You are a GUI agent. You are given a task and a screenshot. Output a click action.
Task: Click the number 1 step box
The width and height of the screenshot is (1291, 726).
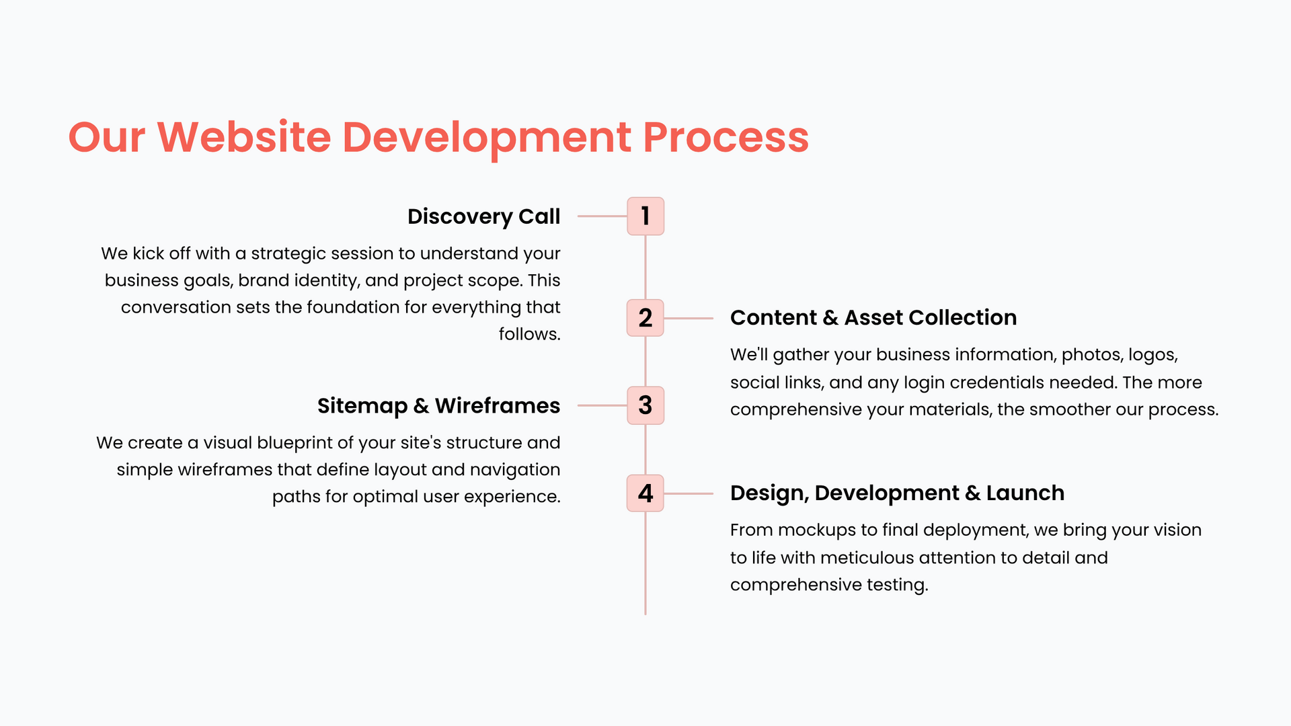click(645, 216)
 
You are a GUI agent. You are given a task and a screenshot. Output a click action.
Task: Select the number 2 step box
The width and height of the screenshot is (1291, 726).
click(645, 318)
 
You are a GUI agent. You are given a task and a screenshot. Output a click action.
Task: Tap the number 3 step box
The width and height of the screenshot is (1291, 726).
click(645, 405)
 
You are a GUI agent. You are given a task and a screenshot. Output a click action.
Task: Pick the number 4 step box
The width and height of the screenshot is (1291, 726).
click(645, 493)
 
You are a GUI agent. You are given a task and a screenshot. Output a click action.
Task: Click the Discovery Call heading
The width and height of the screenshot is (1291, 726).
click(484, 217)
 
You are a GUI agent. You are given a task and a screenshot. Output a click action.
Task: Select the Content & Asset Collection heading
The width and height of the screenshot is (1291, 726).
click(873, 317)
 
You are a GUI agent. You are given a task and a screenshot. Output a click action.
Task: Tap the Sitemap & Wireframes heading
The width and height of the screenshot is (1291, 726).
click(438, 406)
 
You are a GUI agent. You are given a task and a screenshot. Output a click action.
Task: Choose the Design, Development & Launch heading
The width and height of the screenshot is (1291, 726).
click(897, 493)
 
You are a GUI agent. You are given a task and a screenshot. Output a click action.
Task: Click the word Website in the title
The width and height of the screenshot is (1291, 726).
click(244, 137)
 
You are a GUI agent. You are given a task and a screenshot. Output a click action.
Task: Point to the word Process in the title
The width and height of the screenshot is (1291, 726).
click(726, 137)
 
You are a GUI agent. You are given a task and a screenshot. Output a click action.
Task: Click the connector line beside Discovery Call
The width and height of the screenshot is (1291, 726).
click(602, 216)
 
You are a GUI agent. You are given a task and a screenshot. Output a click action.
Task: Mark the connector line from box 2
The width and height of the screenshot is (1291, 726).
click(689, 318)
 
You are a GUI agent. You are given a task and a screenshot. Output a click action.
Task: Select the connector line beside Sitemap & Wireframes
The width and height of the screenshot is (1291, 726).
click(602, 405)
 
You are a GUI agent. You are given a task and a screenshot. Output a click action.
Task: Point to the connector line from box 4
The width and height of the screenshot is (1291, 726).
click(689, 493)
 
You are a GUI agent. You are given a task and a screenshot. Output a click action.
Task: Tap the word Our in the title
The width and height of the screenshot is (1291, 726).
click(106, 137)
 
